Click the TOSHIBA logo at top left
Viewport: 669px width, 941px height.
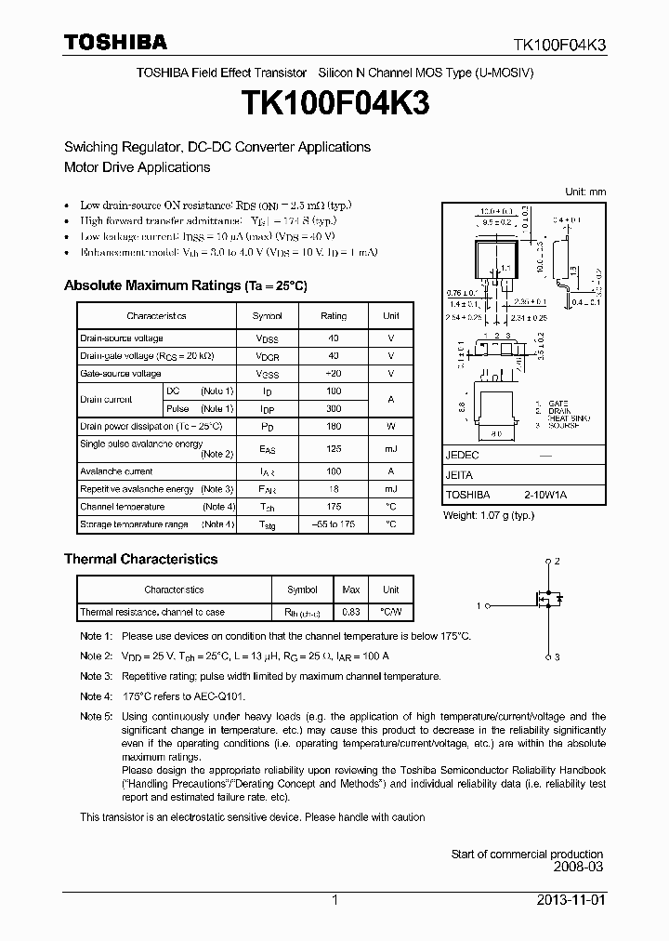(x=115, y=43)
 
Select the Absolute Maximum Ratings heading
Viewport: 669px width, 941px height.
(x=185, y=285)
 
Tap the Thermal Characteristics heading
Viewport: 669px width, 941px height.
(x=140, y=559)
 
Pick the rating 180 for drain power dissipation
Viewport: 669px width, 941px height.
(x=333, y=426)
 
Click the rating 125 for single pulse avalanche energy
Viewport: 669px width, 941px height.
(x=333, y=449)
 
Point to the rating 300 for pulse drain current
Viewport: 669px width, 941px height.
(x=333, y=408)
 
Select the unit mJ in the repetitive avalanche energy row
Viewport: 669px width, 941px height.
(x=390, y=489)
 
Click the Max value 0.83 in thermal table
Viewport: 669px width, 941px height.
(x=350, y=612)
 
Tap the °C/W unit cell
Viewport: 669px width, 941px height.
(x=391, y=612)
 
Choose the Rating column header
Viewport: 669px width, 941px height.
(x=333, y=316)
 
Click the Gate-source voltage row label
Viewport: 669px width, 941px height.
(x=121, y=374)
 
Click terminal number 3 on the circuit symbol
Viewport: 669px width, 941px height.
(x=557, y=657)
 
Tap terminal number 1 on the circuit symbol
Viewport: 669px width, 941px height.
(x=479, y=606)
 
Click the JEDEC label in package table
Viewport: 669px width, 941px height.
(x=462, y=456)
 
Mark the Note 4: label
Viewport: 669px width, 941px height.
(x=96, y=696)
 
